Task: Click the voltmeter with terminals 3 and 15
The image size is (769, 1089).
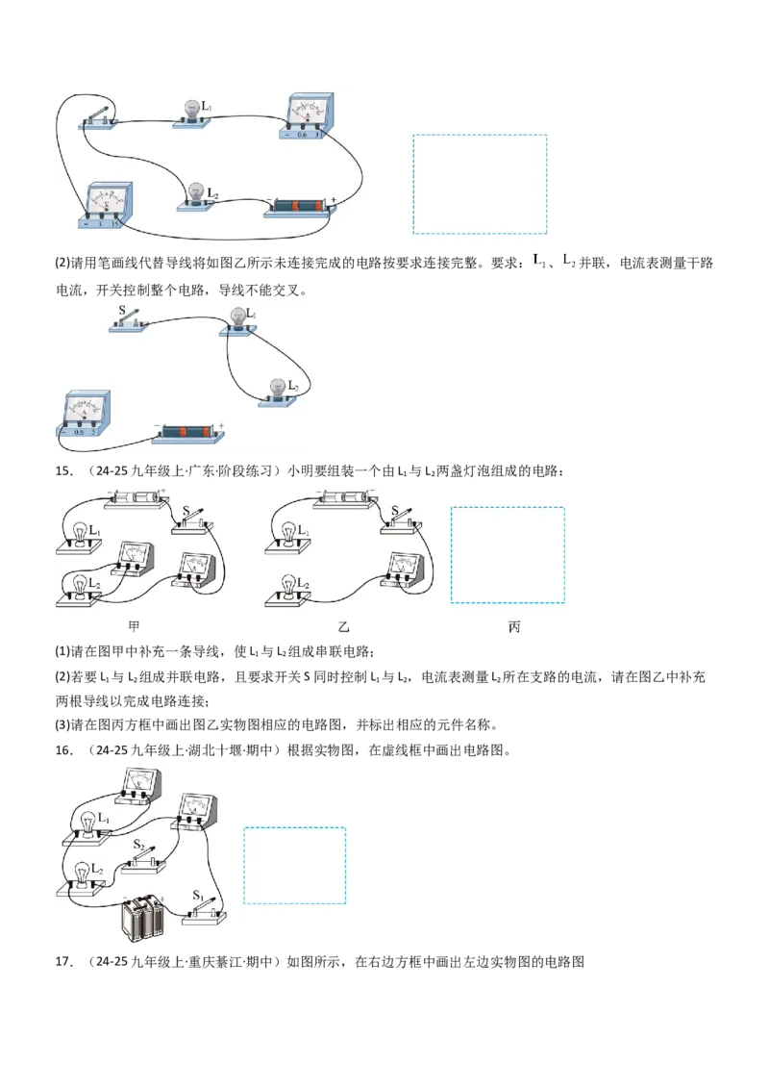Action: [x=105, y=206]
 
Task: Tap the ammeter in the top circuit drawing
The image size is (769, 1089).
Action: [x=309, y=115]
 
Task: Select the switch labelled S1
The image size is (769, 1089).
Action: [x=206, y=911]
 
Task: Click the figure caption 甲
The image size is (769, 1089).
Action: [x=134, y=626]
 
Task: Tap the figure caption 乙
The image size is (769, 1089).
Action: [x=343, y=626]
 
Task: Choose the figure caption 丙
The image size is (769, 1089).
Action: [x=513, y=626]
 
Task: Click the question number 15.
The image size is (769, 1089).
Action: [x=63, y=470]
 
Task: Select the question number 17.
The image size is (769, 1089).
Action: [x=63, y=962]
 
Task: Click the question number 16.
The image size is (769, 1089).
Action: [x=63, y=750]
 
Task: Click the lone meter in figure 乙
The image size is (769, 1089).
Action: [x=404, y=570]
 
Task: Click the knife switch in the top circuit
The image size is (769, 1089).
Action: [x=97, y=119]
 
